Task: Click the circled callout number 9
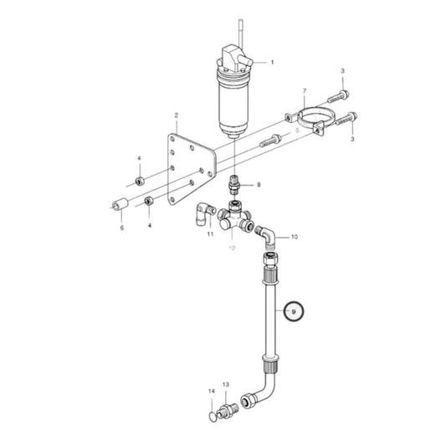pos(294,311)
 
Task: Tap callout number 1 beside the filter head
pos(271,63)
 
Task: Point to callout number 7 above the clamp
pos(305,90)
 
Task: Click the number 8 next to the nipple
pos(259,185)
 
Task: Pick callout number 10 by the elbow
pos(294,238)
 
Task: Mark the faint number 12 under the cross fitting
pos(231,249)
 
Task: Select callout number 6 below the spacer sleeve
pos(121,227)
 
